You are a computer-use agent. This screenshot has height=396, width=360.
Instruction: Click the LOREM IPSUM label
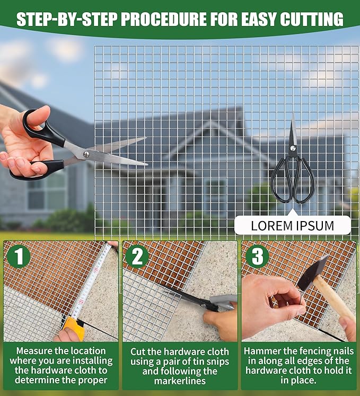(292, 225)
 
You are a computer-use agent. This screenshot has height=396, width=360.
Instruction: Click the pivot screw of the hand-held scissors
(86, 154)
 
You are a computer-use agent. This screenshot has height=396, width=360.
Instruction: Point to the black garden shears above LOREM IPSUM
(293, 162)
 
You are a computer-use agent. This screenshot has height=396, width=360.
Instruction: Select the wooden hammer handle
(333, 298)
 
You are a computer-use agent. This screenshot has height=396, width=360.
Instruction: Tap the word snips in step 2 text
(218, 362)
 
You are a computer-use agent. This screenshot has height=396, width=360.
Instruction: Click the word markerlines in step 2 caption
(180, 381)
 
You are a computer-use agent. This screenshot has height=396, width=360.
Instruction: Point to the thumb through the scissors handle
(38, 116)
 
